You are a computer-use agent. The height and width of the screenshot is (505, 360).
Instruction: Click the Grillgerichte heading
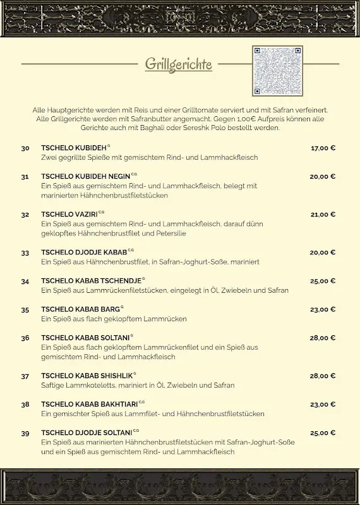click(x=179, y=64)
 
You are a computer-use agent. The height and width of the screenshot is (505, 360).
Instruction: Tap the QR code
click(x=277, y=71)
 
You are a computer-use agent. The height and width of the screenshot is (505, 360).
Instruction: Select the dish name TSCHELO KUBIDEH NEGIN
click(x=85, y=177)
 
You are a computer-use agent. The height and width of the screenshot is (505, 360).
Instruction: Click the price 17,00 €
click(x=323, y=148)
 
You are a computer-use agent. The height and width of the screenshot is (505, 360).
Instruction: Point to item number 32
click(x=25, y=215)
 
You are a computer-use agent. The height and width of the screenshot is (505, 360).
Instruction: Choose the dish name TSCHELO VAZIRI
click(x=69, y=215)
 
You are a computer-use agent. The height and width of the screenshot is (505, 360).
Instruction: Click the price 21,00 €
click(x=323, y=215)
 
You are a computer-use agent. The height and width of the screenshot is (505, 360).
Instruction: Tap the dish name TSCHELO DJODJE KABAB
click(x=84, y=252)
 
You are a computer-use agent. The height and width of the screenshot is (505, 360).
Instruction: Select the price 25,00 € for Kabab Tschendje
click(x=323, y=281)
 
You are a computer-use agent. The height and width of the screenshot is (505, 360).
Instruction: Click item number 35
click(x=25, y=310)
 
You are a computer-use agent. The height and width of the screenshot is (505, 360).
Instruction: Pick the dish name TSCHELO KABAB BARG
click(x=80, y=309)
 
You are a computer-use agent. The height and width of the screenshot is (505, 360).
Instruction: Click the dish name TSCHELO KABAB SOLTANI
click(x=85, y=338)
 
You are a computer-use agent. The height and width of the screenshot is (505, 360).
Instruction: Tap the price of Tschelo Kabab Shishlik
click(x=323, y=376)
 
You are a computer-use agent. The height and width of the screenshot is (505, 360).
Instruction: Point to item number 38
click(x=25, y=405)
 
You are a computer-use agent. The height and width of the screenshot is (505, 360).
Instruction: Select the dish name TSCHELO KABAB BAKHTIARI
click(x=90, y=404)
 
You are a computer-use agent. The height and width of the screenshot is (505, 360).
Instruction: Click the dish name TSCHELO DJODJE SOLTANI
click(x=87, y=432)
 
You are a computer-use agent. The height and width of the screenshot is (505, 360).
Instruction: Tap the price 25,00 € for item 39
click(x=323, y=433)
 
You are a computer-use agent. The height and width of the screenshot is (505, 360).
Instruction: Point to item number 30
click(x=25, y=148)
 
